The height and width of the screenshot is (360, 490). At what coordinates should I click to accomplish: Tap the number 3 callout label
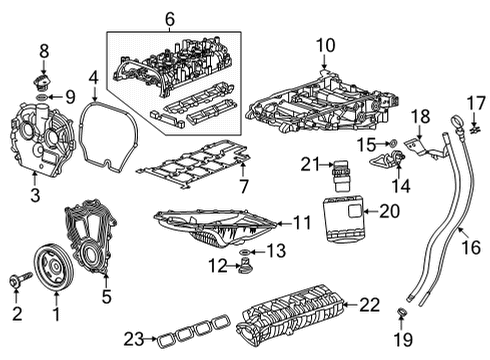(35, 196)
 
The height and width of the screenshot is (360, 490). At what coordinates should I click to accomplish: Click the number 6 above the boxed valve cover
(169, 17)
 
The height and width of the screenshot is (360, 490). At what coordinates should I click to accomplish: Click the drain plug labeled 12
(240, 266)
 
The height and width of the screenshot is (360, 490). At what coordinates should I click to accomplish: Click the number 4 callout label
(92, 76)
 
